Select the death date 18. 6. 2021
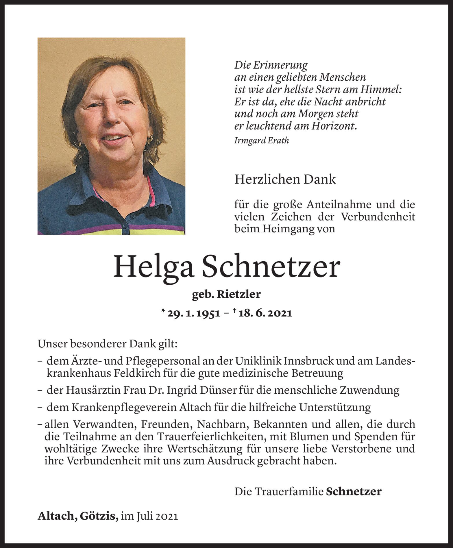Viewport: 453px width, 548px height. click(265, 313)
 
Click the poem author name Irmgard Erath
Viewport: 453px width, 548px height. click(262, 141)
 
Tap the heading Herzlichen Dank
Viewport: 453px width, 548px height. click(285, 179)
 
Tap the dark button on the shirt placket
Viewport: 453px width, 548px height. click(133, 216)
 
